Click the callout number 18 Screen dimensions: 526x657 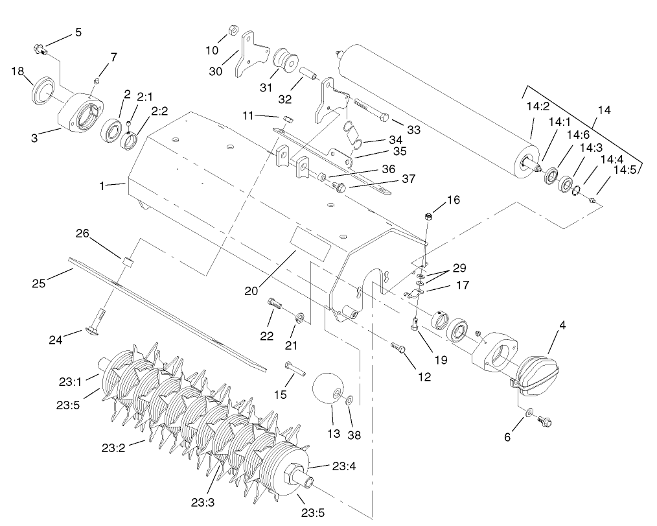(17, 71)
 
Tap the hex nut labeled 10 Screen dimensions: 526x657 (233, 30)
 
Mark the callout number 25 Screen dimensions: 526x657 (39, 283)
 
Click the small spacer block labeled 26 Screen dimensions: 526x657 (128, 262)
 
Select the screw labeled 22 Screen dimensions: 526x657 (275, 303)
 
